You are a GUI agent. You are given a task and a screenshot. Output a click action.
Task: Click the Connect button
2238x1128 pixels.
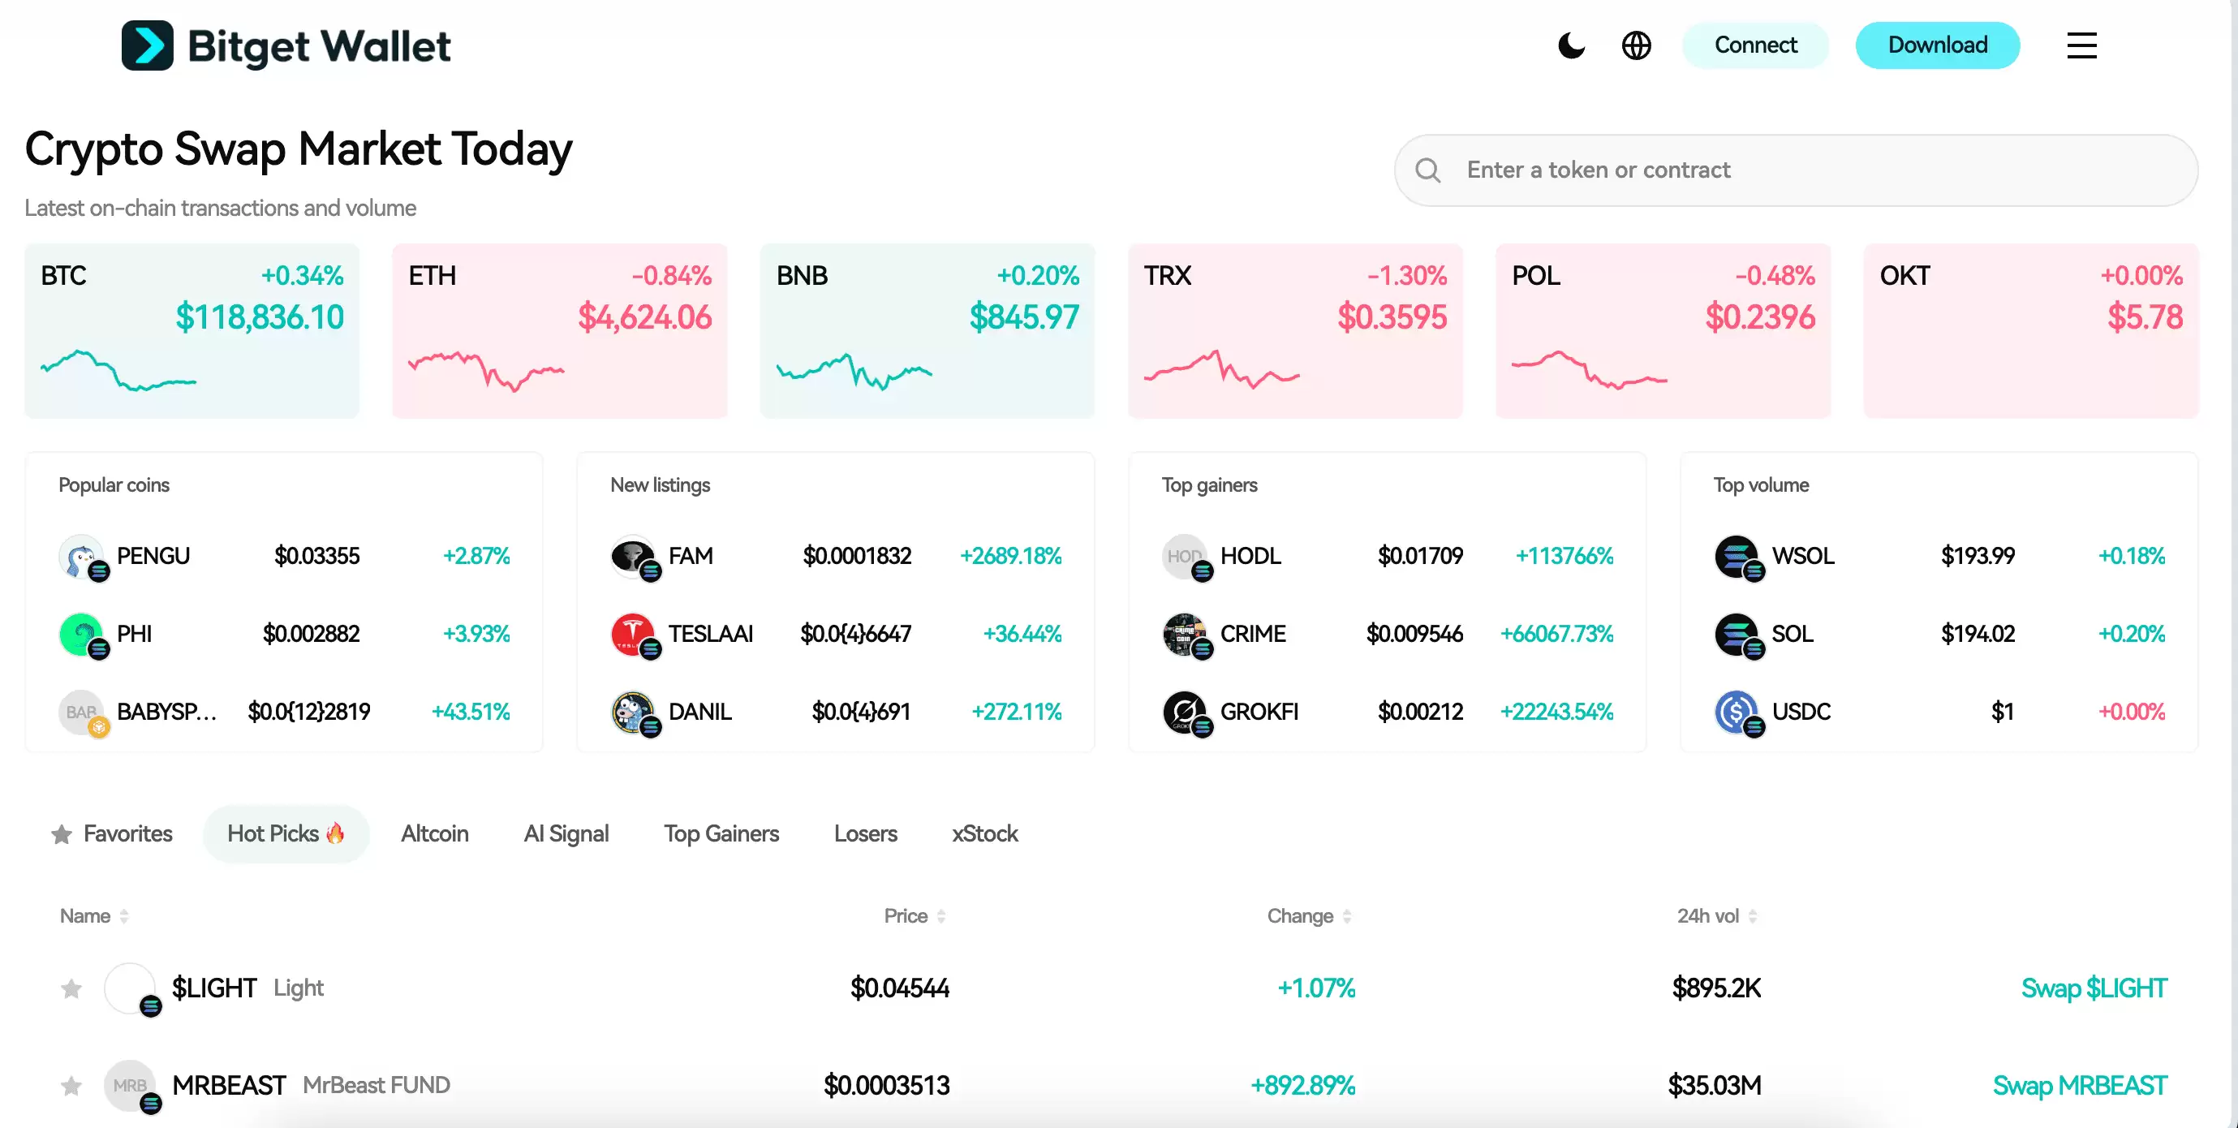point(1755,45)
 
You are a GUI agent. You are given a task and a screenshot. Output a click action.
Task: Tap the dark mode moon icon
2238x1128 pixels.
point(1572,45)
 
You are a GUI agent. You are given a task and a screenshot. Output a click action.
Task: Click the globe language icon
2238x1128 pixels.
point(1636,45)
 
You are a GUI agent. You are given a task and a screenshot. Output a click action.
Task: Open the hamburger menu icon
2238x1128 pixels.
point(2081,45)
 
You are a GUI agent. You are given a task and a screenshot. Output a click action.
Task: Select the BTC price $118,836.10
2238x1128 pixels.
point(259,317)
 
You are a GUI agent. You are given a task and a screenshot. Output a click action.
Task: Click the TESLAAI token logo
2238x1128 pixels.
point(632,635)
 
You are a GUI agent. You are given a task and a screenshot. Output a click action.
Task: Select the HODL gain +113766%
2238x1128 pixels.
point(1564,556)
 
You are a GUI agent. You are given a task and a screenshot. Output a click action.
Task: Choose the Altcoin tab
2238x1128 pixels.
point(434,834)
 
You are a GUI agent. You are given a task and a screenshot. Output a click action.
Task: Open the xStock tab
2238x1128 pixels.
point(984,834)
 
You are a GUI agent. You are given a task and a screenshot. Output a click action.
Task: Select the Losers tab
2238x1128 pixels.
point(865,834)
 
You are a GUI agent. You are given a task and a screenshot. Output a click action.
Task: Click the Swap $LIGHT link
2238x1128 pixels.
point(2094,988)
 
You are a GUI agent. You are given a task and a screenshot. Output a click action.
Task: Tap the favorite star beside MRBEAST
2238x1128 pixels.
point(71,1086)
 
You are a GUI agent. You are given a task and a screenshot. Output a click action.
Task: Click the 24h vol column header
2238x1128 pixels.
point(1708,916)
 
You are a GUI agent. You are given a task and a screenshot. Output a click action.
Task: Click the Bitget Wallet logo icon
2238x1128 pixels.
point(148,45)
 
